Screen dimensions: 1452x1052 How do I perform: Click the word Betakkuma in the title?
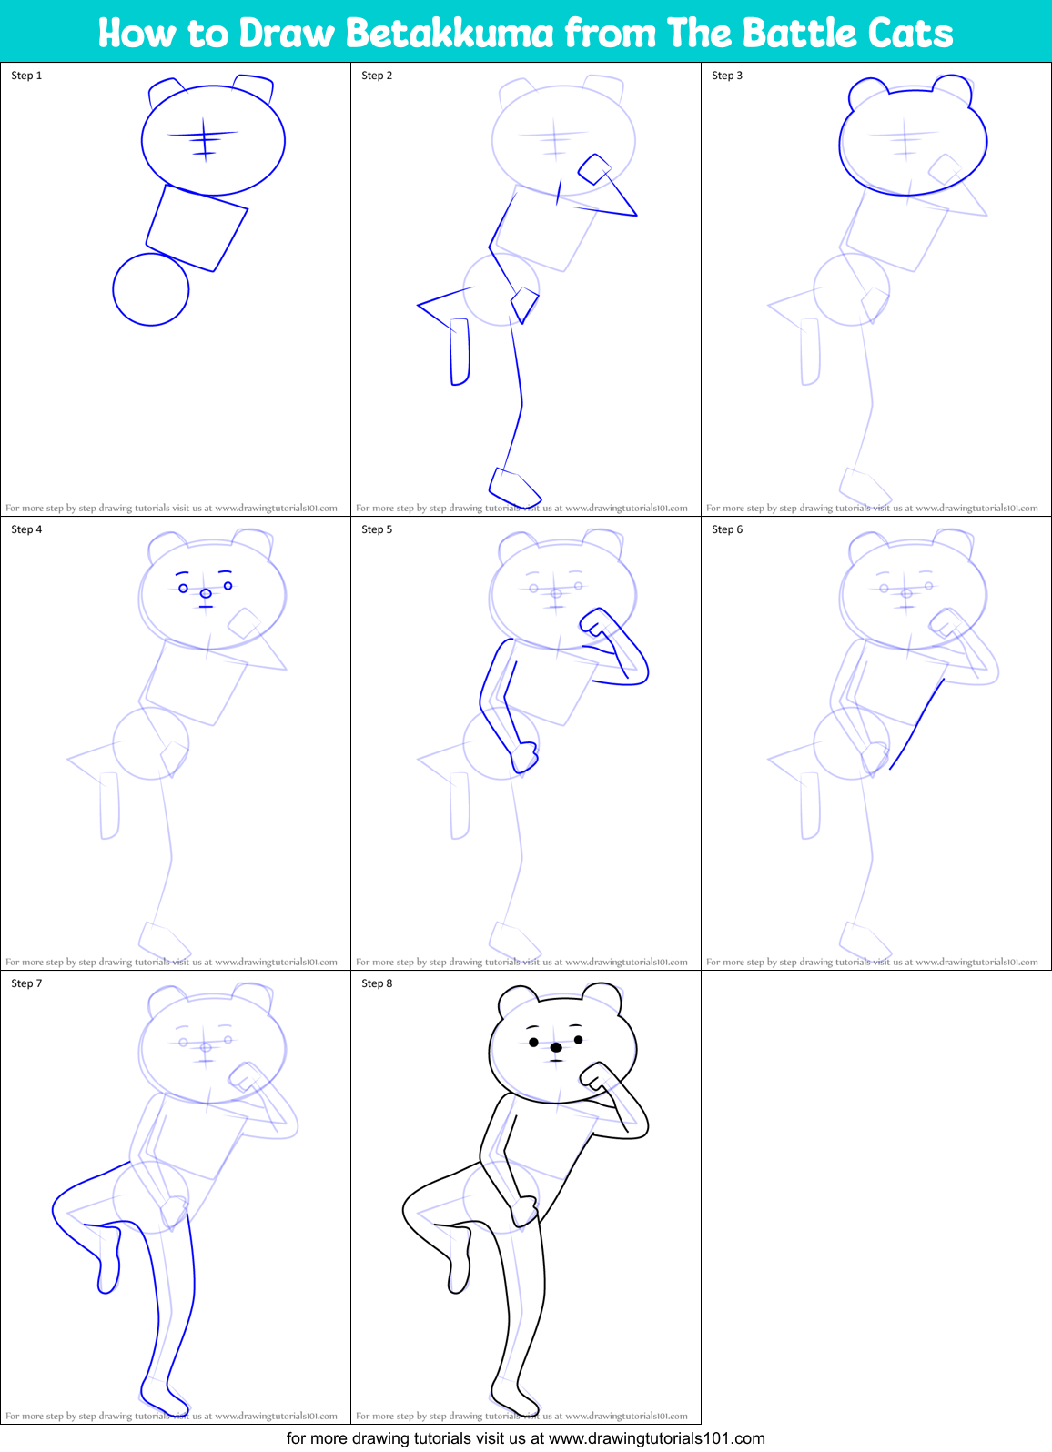click(x=450, y=34)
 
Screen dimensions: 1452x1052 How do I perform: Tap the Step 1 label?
click(x=26, y=76)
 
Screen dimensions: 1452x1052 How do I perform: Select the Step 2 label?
click(x=377, y=76)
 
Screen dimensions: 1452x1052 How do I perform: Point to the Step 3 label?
click(x=727, y=76)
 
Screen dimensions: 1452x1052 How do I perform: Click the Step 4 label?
click(x=26, y=529)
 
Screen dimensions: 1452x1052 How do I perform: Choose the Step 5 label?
click(x=377, y=529)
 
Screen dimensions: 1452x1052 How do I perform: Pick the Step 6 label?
click(x=727, y=529)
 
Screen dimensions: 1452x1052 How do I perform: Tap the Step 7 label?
click(x=26, y=983)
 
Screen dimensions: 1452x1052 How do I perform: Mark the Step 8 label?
click(x=377, y=983)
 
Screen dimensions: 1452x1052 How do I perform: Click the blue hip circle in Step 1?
click(x=151, y=289)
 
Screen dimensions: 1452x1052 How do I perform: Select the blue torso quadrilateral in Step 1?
click(x=197, y=227)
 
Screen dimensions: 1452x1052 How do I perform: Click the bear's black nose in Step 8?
click(x=556, y=1048)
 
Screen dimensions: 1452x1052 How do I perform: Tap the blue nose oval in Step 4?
click(x=206, y=593)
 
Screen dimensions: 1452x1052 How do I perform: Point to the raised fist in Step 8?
click(x=597, y=1076)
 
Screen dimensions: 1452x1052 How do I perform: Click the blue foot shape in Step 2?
click(x=515, y=485)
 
